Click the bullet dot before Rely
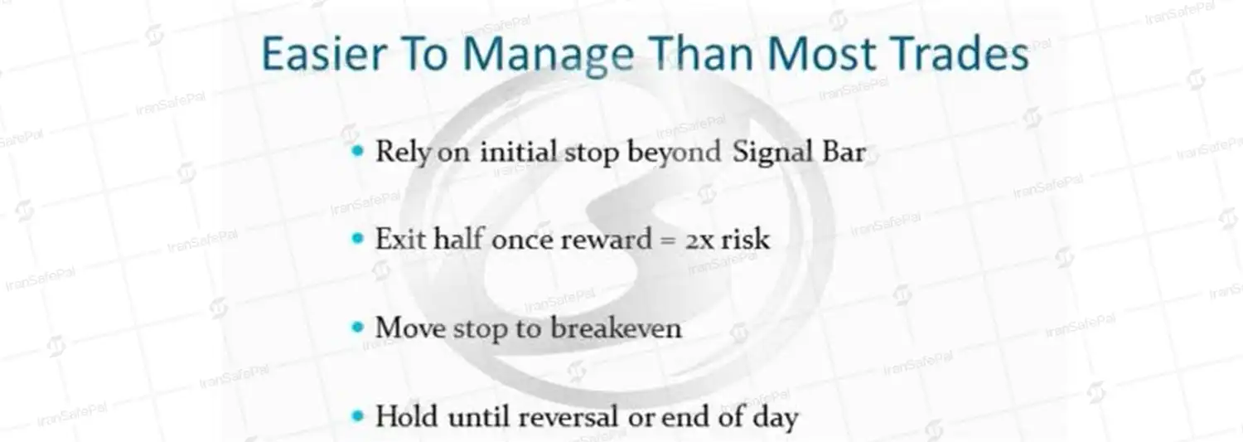(358, 150)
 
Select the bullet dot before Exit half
(358, 239)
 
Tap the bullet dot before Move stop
(358, 327)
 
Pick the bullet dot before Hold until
(358, 415)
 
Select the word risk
(745, 239)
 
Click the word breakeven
(616, 327)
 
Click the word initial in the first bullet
(518, 152)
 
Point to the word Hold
(408, 416)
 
